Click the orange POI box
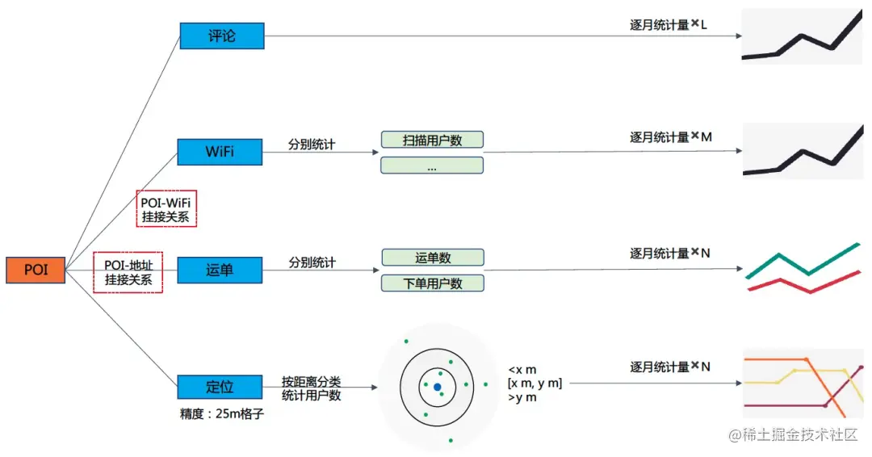click(36, 270)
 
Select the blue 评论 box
click(221, 36)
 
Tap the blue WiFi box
click(220, 151)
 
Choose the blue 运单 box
click(220, 270)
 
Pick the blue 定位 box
click(220, 387)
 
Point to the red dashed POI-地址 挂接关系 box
click(128, 271)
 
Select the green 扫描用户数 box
click(432, 140)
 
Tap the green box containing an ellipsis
click(432, 166)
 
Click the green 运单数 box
click(432, 258)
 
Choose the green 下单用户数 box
click(432, 283)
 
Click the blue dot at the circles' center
click(437, 388)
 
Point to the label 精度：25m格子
click(222, 414)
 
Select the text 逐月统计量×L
click(668, 25)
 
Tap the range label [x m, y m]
click(534, 383)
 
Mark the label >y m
click(522, 397)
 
